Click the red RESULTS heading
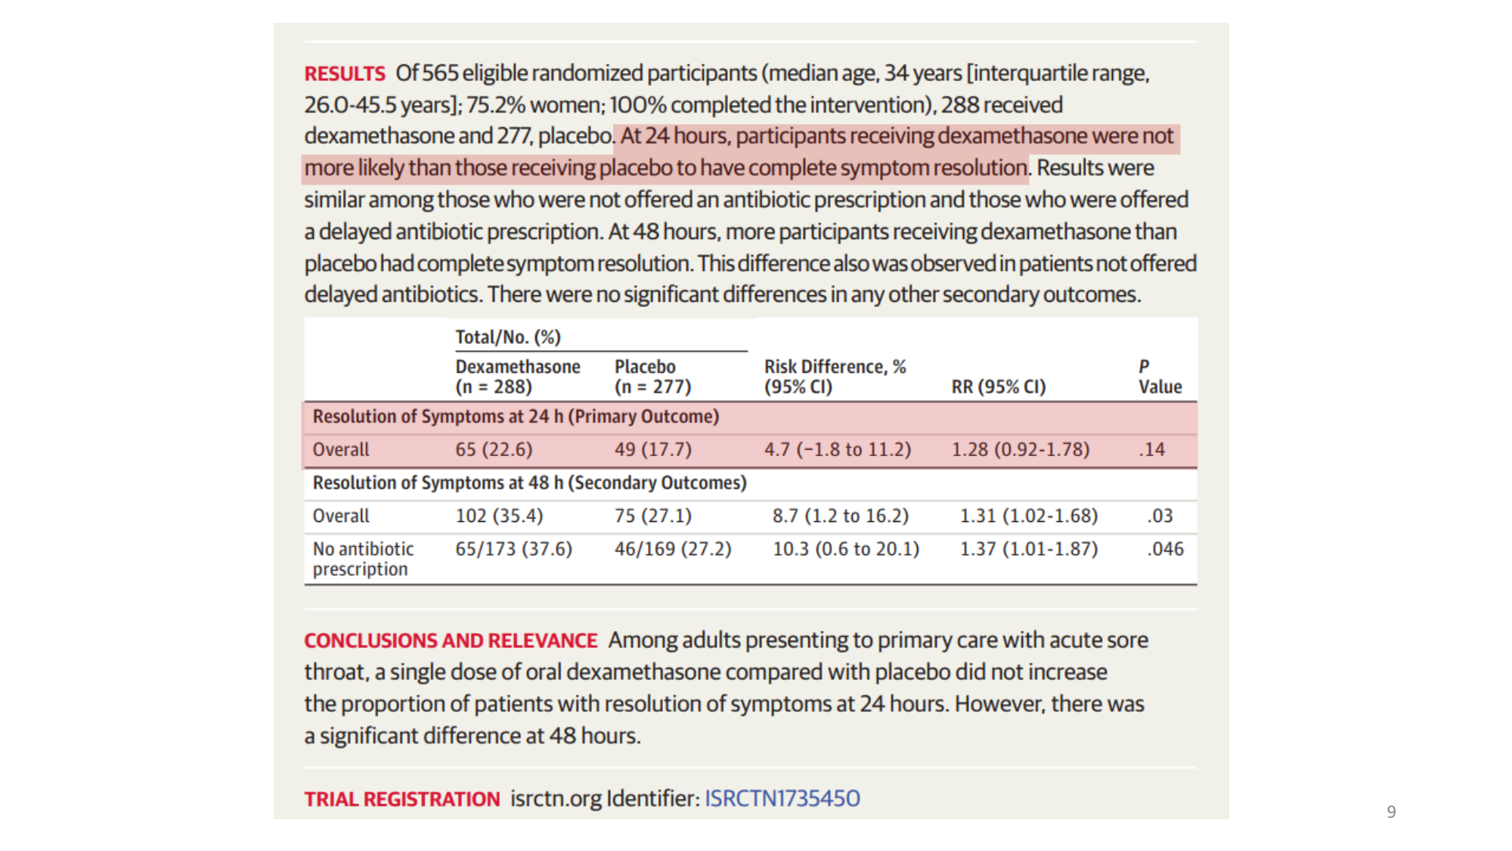(345, 73)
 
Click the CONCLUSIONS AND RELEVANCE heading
(451, 641)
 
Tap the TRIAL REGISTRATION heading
(401, 799)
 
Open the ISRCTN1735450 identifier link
(782, 799)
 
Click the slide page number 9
(1391, 812)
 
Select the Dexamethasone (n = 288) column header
(517, 377)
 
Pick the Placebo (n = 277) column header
(652, 377)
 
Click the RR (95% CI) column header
(998, 387)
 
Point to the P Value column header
(1160, 377)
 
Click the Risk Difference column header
(835, 377)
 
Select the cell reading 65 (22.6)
(494, 449)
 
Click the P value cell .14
(1151, 449)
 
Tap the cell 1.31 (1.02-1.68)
(1028, 516)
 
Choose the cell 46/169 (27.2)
(672, 549)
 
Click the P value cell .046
(1164, 549)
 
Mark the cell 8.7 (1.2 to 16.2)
(840, 516)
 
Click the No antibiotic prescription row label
(363, 559)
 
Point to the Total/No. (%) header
(507, 337)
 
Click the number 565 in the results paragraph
(440, 73)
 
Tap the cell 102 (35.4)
(499, 516)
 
